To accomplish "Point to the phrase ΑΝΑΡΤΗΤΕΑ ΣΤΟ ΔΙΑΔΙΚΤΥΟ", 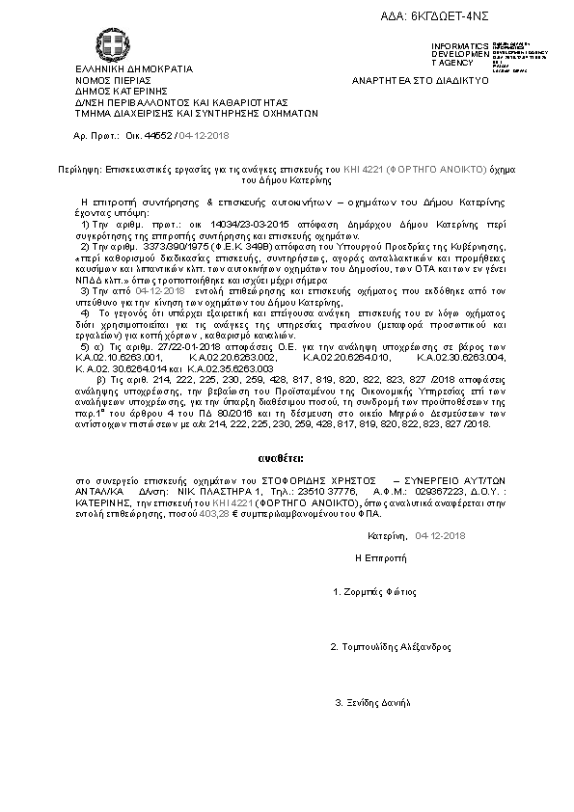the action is coord(421,80).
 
